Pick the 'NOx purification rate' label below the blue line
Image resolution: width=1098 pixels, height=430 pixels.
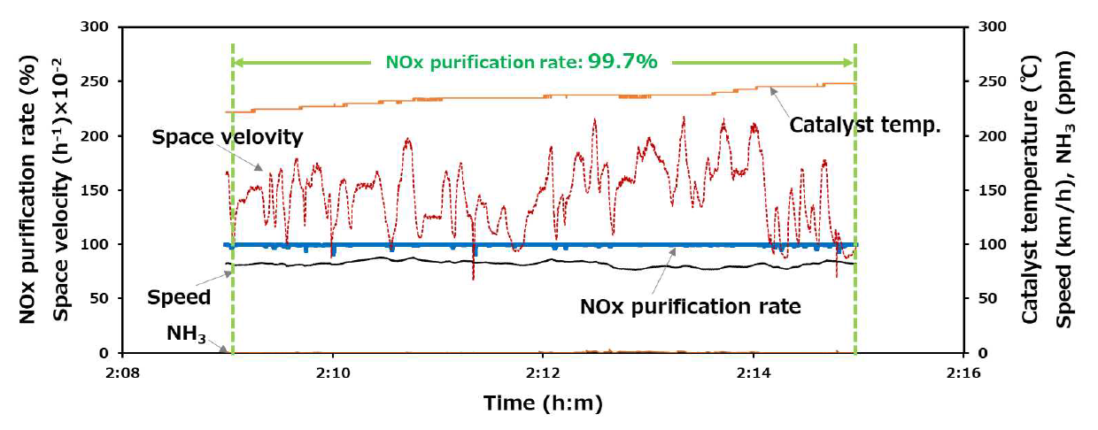691,307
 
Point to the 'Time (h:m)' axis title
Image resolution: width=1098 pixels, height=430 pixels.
543,403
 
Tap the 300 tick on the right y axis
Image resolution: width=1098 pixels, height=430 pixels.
988,27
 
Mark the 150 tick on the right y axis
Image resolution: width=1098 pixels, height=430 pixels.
988,190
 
